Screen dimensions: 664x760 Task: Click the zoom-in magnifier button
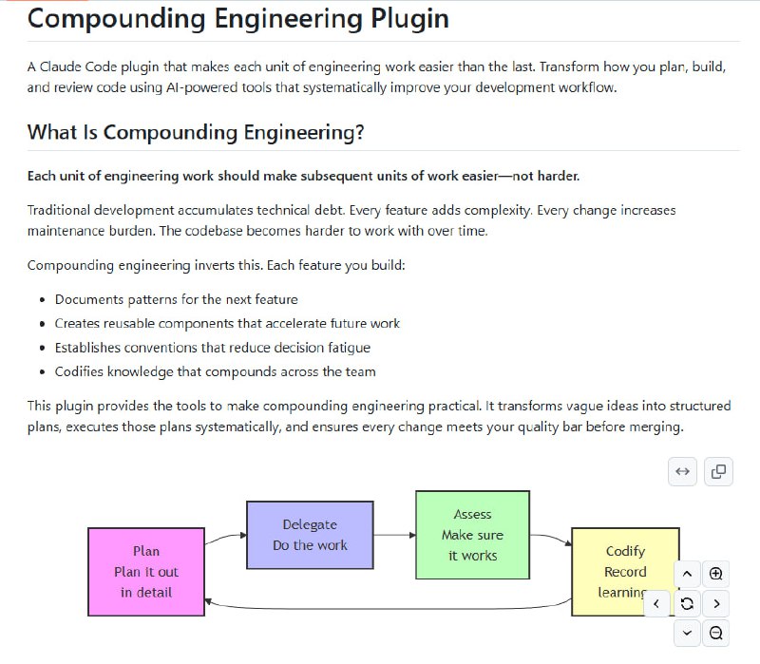(716, 574)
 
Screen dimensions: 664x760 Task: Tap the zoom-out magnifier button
(716, 633)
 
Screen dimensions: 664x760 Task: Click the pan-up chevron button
(687, 574)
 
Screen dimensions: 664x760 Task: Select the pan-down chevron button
(687, 633)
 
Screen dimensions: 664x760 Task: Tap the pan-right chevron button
(716, 603)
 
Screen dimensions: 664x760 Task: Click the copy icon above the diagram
(719, 471)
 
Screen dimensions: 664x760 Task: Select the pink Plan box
(146, 571)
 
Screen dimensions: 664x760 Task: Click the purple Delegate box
(310, 535)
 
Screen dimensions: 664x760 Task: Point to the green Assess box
(472, 535)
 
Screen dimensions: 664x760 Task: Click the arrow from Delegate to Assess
(394, 535)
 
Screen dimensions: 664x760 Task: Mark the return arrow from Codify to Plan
(380, 607)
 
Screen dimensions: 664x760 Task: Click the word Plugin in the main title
(397, 19)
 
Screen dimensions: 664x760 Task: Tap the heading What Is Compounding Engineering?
(196, 132)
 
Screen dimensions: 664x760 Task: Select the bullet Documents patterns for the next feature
(176, 299)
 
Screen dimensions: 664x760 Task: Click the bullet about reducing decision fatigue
(212, 348)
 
